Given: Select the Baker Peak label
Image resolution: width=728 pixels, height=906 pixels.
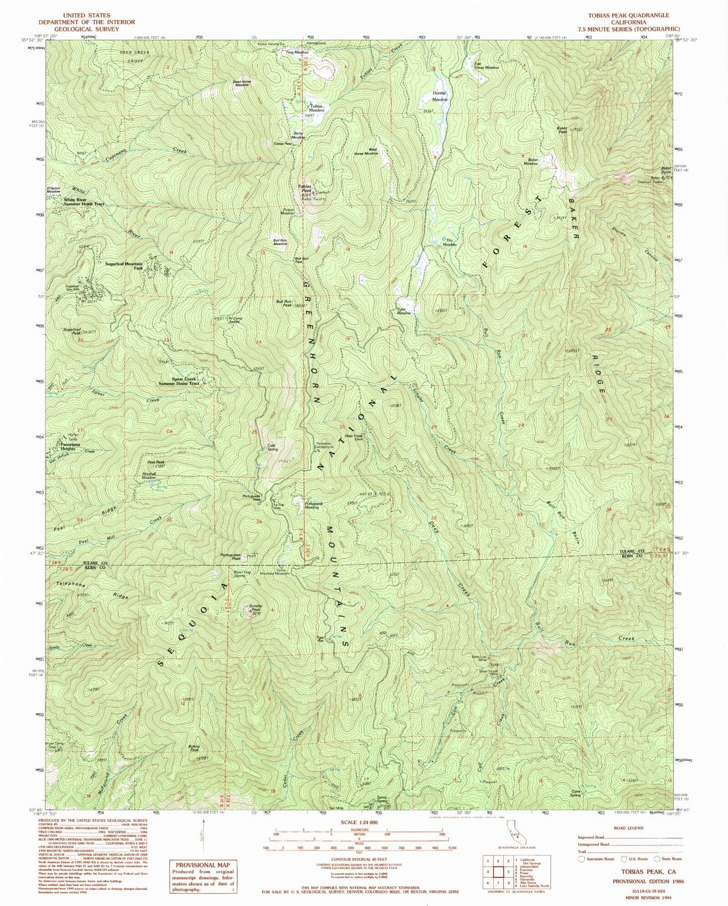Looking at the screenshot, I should [562, 129].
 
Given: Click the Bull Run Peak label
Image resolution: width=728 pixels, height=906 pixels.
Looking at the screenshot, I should [284, 303].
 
